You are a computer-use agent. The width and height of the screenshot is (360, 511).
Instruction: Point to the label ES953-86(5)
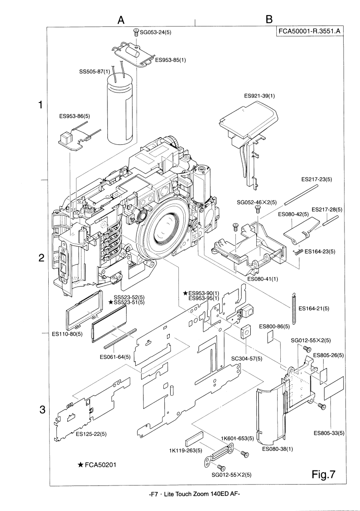75,116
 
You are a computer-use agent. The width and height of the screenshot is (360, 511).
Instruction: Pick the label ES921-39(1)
259,96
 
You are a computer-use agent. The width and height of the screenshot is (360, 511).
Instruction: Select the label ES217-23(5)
317,179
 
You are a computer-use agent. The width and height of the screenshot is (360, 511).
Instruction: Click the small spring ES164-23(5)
298,250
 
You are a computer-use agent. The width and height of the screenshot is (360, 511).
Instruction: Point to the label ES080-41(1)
263,277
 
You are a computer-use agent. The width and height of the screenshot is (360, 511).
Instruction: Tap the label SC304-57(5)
247,359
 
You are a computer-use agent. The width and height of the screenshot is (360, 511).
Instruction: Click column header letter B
269,20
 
